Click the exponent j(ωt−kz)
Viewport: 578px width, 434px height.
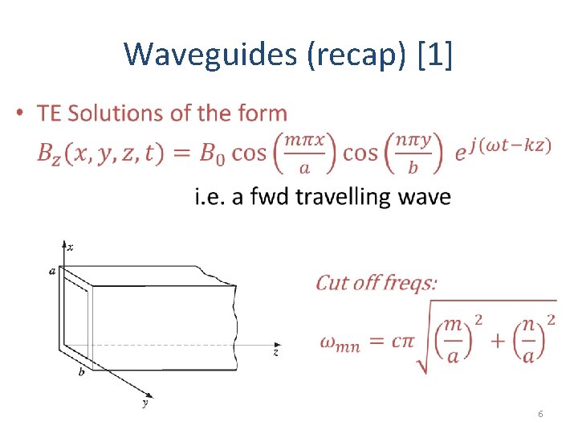pos(511,145)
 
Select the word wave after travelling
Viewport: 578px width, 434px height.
pos(424,197)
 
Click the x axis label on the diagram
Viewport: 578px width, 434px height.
pos(71,247)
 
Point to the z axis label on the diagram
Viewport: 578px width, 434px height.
pos(275,352)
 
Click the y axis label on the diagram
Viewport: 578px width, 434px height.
pos(144,403)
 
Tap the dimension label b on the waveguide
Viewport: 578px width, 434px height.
pos(80,373)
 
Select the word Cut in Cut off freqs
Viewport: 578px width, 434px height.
pos(332,283)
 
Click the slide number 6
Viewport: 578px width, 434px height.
pos(540,414)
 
